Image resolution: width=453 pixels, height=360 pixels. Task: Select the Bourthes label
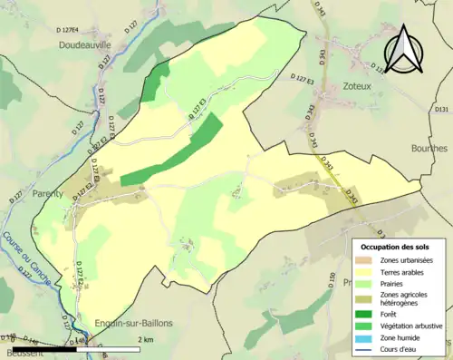point(429,148)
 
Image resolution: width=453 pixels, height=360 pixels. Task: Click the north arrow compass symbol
point(404,50)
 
